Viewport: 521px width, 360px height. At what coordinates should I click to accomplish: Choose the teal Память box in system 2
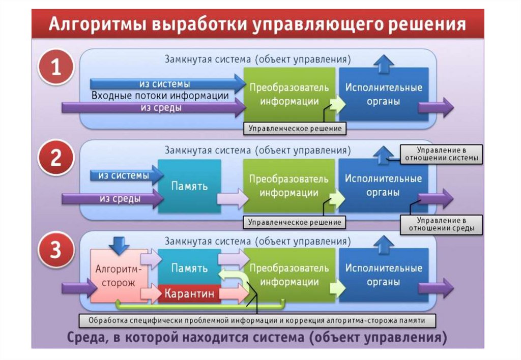point(189,186)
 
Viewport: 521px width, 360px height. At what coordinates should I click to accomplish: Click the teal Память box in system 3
point(189,268)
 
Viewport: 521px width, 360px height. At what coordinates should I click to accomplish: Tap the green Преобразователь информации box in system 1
point(289,94)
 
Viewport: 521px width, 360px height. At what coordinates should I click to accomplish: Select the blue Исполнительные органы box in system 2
point(383,186)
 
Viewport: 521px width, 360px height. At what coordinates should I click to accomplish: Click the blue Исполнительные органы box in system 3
point(383,275)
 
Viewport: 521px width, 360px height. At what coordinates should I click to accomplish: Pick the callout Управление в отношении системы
point(441,154)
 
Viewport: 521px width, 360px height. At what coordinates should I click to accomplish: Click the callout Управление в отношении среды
point(441,225)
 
